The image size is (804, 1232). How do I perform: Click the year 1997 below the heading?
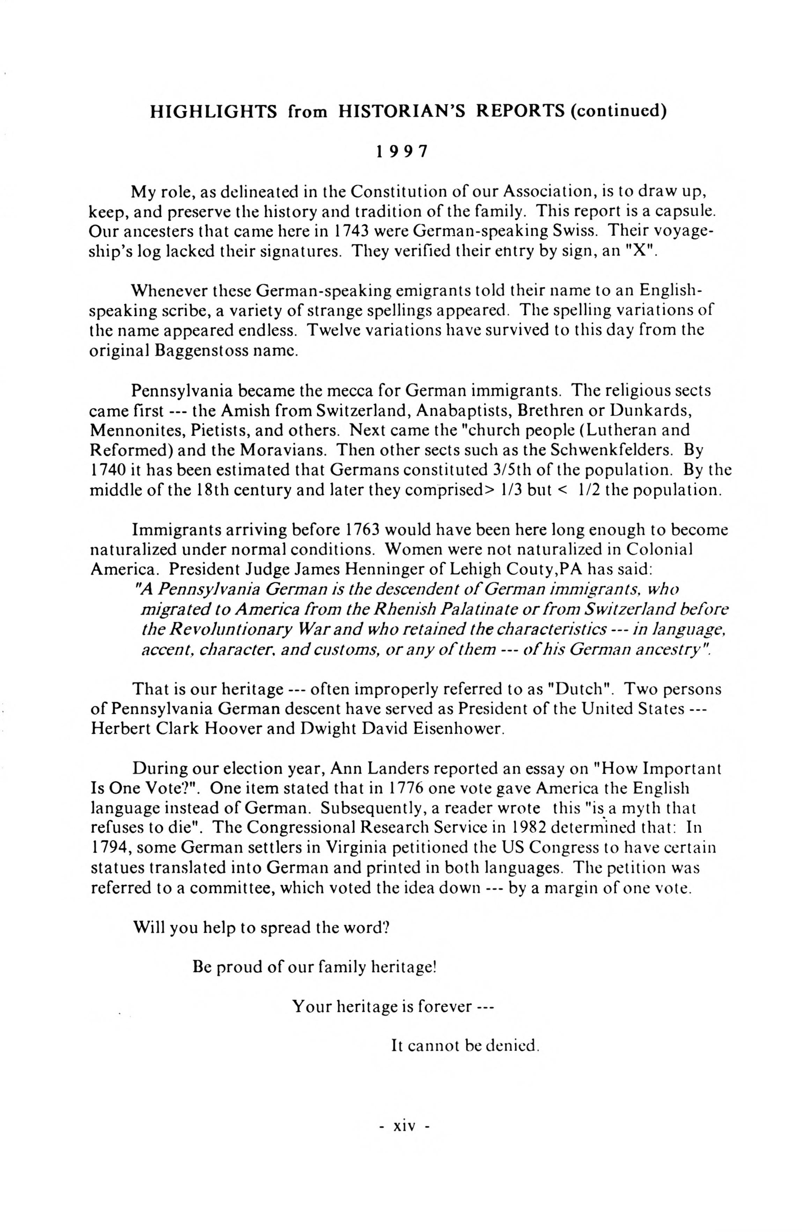tap(402, 152)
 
